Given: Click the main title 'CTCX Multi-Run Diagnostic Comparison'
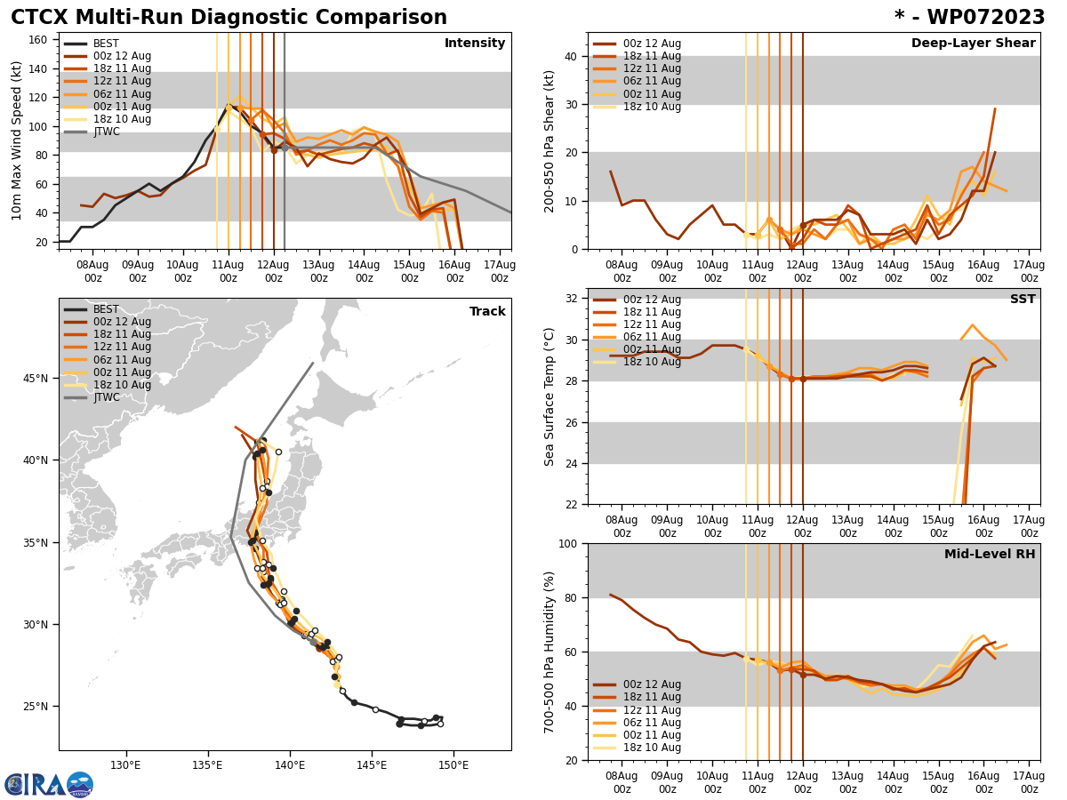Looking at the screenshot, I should pos(229,18).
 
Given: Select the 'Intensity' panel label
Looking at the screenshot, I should pos(475,44).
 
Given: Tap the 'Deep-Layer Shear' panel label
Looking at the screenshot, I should pos(973,44).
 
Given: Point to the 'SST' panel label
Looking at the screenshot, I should pos(1023,300).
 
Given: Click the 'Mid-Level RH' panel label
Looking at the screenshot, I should pos(990,555).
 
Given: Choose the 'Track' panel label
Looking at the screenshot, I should pos(487,312).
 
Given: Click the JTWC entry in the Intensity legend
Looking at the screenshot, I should pos(108,132).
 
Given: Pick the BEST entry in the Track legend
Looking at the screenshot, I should pos(106,309).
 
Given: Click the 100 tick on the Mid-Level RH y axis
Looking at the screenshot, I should pos(569,543).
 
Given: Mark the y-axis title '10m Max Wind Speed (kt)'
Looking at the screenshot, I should pos(15,140).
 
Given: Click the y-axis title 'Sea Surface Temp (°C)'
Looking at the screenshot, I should pos(550,396).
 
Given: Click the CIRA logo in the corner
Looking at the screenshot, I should pos(49,784).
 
